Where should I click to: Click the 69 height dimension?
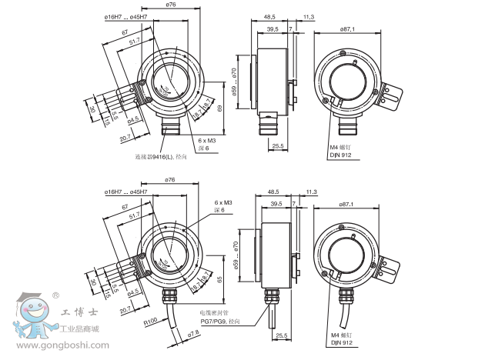coord(221,109)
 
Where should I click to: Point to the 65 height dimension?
coord(221,281)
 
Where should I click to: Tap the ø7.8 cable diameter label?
coord(194,332)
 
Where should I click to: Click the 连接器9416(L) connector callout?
coord(159,156)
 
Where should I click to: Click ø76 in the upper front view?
coord(171,5)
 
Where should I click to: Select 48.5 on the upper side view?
coord(270,15)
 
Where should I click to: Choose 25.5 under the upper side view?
coord(278,144)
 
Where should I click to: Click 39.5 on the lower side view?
coord(273,204)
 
